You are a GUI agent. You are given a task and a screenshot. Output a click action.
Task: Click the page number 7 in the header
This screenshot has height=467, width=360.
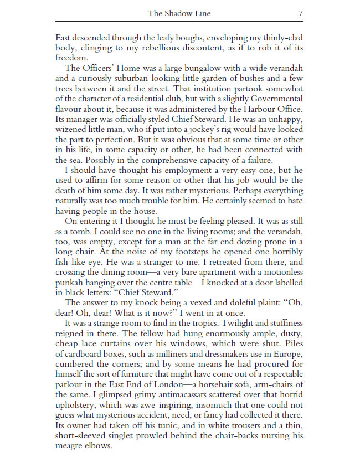[300, 13]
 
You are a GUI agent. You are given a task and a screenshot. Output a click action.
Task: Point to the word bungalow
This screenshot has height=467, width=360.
[206, 68]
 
